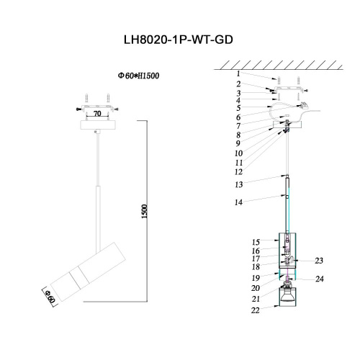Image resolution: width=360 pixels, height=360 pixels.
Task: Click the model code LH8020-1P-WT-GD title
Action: tap(179, 42)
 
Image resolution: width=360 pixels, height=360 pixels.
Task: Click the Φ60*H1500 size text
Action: tap(138, 75)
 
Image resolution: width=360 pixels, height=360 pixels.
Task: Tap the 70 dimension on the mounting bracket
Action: tap(96, 113)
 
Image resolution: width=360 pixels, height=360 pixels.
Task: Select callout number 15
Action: tap(256, 241)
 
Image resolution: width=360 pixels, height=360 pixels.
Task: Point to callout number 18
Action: tap(256, 266)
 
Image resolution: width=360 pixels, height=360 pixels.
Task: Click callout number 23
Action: tap(319, 261)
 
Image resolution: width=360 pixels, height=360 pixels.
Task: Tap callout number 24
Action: tap(319, 279)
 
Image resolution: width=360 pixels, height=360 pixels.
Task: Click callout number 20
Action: tap(256, 288)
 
